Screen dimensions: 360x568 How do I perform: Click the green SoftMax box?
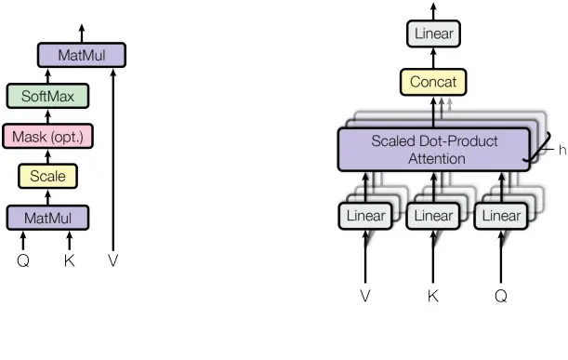point(47,95)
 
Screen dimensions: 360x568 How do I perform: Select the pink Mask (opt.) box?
point(47,136)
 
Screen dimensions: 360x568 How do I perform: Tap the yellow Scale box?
point(47,176)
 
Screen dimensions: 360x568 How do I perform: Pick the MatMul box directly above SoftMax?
point(82,55)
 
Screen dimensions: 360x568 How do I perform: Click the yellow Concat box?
point(434,83)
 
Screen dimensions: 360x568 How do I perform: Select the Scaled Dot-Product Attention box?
point(434,150)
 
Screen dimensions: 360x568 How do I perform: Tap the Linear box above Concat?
point(434,34)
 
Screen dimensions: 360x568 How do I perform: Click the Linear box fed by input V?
point(364,216)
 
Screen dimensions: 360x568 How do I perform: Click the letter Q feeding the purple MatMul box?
point(23,261)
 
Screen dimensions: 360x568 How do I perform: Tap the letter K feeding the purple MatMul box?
point(69,261)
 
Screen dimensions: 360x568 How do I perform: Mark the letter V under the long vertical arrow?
point(113,261)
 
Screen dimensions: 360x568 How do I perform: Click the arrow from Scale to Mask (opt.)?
point(47,156)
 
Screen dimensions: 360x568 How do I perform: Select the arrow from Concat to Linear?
point(434,59)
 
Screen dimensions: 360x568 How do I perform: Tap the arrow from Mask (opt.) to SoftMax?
point(47,115)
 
